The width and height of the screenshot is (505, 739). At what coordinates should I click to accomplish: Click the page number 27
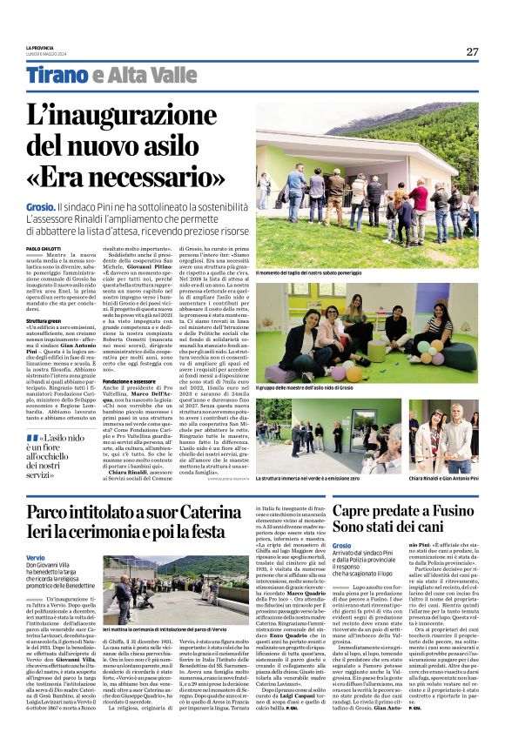pos(472,51)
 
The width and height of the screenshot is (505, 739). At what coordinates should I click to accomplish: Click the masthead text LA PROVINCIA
pos(39,48)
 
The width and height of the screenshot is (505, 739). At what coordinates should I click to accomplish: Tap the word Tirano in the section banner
pos(56,76)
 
